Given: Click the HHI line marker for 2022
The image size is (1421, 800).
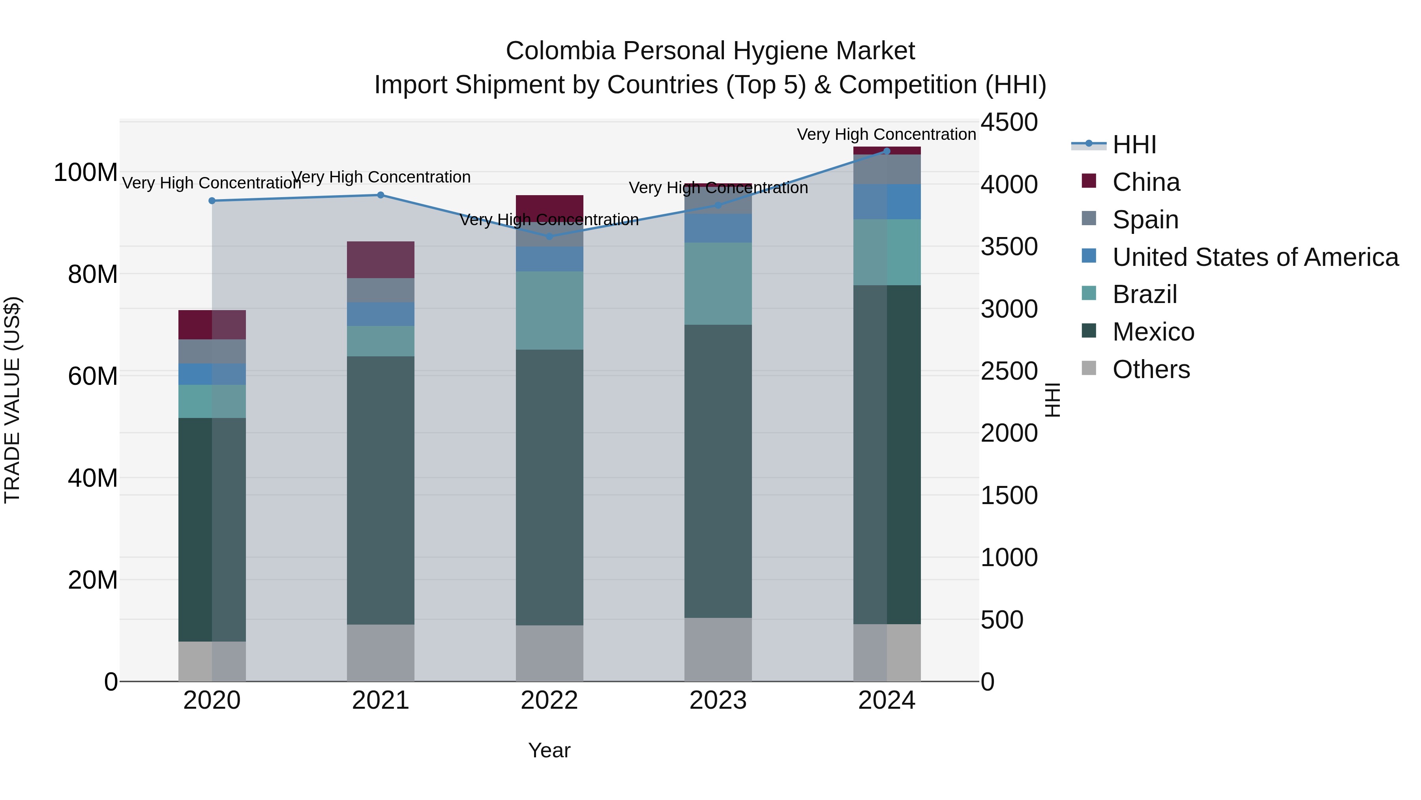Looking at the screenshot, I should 549,236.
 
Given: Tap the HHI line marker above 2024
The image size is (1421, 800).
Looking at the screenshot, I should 887,151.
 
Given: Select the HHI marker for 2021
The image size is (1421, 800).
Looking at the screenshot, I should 380,195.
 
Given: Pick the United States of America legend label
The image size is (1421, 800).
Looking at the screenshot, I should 1255,257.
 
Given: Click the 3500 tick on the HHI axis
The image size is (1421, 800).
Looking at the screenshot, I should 1009,247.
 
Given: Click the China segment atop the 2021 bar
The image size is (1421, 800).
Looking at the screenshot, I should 380,260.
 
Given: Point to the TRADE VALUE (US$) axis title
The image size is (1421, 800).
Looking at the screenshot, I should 12,400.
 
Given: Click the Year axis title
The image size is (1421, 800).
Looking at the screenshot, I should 549,750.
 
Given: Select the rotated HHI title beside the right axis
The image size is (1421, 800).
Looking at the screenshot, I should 1052,400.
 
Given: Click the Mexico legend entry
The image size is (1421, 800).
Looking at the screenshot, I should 1153,332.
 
